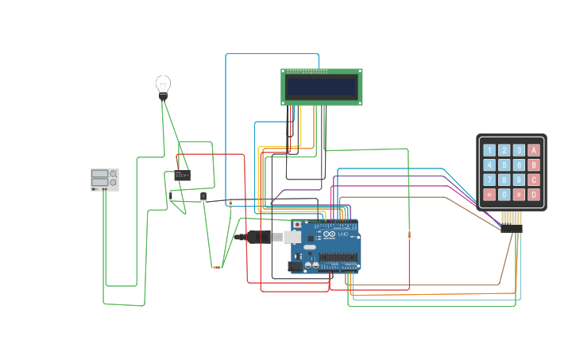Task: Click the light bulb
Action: point(163,84)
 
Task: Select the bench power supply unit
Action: point(104,179)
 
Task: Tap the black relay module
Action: point(182,176)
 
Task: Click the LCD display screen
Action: point(321,87)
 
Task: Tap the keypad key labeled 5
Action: point(504,165)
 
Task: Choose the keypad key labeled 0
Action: point(504,195)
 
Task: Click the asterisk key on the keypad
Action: point(489,195)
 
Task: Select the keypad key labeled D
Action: point(533,195)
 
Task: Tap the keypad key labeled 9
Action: point(519,180)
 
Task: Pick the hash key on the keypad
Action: point(519,195)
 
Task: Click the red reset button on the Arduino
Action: point(297,226)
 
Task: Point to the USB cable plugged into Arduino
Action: point(262,237)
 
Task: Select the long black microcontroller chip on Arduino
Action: point(338,256)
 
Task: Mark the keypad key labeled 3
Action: point(519,150)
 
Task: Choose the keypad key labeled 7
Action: point(489,180)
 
